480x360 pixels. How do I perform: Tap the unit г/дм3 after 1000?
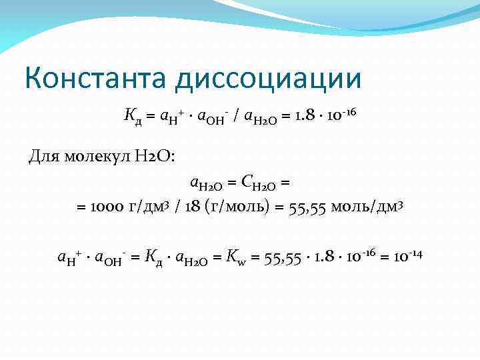[x=151, y=207]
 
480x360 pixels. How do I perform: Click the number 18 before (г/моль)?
[x=193, y=207]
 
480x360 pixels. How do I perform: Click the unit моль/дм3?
[x=369, y=207]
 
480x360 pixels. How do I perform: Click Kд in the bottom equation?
[x=152, y=257]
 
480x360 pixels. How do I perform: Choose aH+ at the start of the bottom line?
[x=69, y=257]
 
